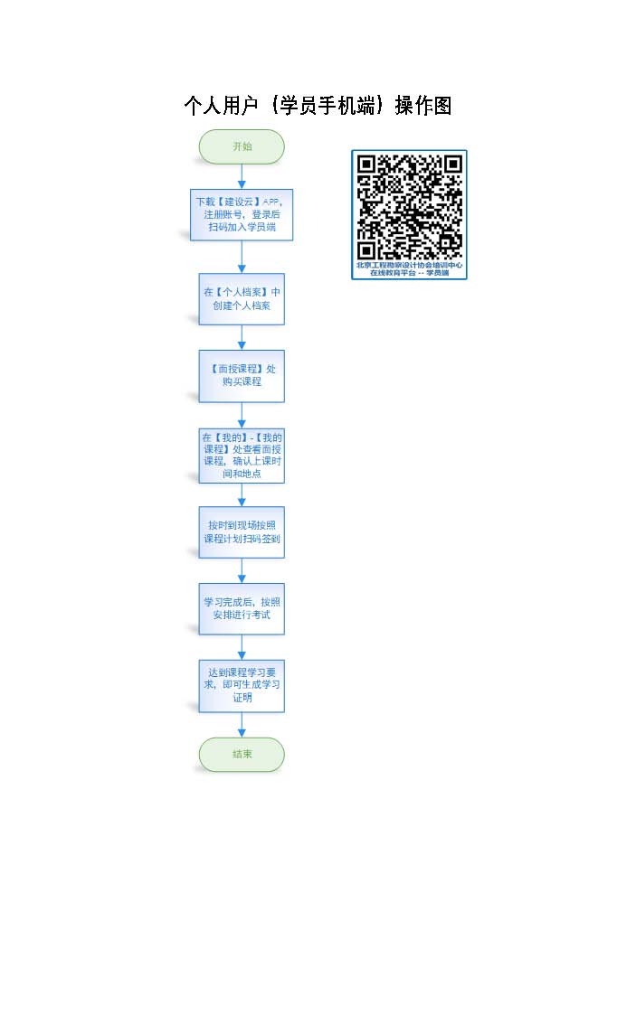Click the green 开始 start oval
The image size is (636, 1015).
point(242,146)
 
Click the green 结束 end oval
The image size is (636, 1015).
point(242,754)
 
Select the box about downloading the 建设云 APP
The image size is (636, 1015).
point(242,215)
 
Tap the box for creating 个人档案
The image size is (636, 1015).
point(242,298)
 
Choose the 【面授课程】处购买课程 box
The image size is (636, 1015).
point(242,375)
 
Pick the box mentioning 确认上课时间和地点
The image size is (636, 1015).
point(242,455)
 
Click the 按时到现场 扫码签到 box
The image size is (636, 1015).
point(242,531)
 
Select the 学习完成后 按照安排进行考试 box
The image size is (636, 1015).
point(242,608)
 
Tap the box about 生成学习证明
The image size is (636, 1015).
point(242,685)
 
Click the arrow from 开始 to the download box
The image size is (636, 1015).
point(242,176)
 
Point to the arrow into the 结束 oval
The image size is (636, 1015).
point(242,725)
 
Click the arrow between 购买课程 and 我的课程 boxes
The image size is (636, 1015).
point(242,415)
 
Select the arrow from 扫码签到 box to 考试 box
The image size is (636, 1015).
point(242,570)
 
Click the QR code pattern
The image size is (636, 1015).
point(410,208)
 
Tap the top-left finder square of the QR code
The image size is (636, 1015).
point(367,164)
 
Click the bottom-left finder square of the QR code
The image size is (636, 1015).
point(367,250)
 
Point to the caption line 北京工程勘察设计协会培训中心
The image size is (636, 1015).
point(410,266)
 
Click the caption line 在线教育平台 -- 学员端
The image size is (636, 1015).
point(410,273)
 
